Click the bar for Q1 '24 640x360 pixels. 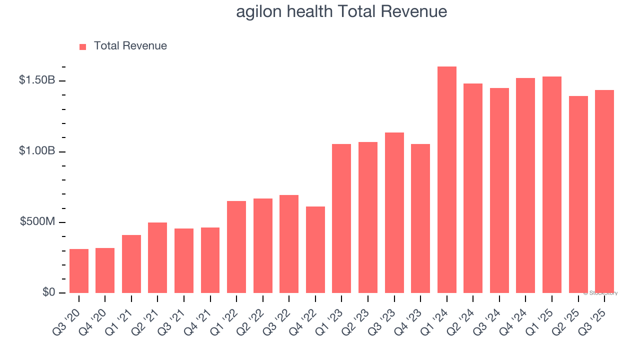tap(446, 180)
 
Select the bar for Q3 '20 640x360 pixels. tap(79, 271)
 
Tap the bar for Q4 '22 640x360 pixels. tap(315, 250)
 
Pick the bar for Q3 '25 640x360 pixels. tap(604, 191)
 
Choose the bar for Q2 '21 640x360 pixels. tap(157, 258)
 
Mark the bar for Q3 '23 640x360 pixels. tap(394, 213)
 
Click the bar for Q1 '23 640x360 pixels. tap(341, 218)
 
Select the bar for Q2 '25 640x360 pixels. tap(578, 194)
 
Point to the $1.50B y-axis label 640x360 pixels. tap(37, 80)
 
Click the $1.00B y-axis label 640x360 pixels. tap(37, 151)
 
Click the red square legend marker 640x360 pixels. tap(83, 46)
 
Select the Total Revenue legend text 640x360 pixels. tap(130, 46)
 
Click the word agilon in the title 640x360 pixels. tap(259, 11)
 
